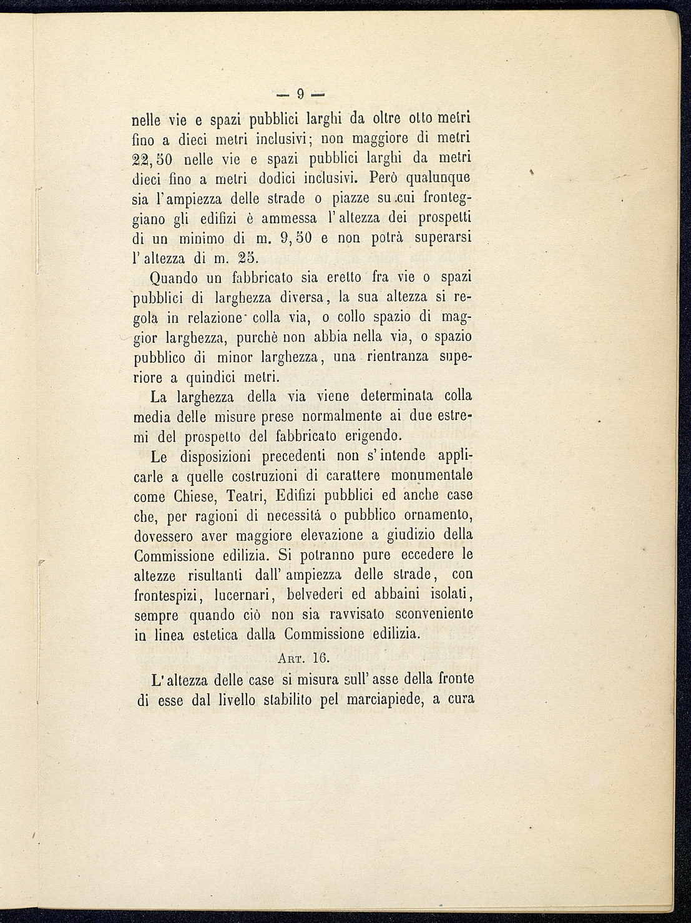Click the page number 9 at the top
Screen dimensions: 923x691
pos(300,95)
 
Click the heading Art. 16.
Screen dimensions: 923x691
pos(303,658)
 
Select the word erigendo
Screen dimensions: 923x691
pos(373,435)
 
